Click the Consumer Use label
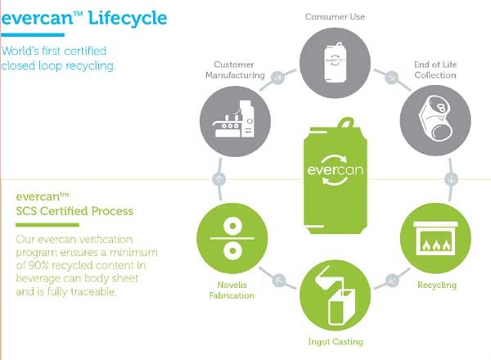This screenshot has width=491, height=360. click(335, 15)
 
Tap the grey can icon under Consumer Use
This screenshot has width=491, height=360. click(335, 60)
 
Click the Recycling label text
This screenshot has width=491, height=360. click(438, 285)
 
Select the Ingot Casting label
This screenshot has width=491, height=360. click(336, 341)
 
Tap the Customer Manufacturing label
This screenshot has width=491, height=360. click(240, 70)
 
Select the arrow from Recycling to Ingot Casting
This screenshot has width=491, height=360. click(391, 278)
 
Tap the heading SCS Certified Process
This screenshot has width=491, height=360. click(74, 211)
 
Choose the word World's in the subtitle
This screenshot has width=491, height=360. click(23, 51)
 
